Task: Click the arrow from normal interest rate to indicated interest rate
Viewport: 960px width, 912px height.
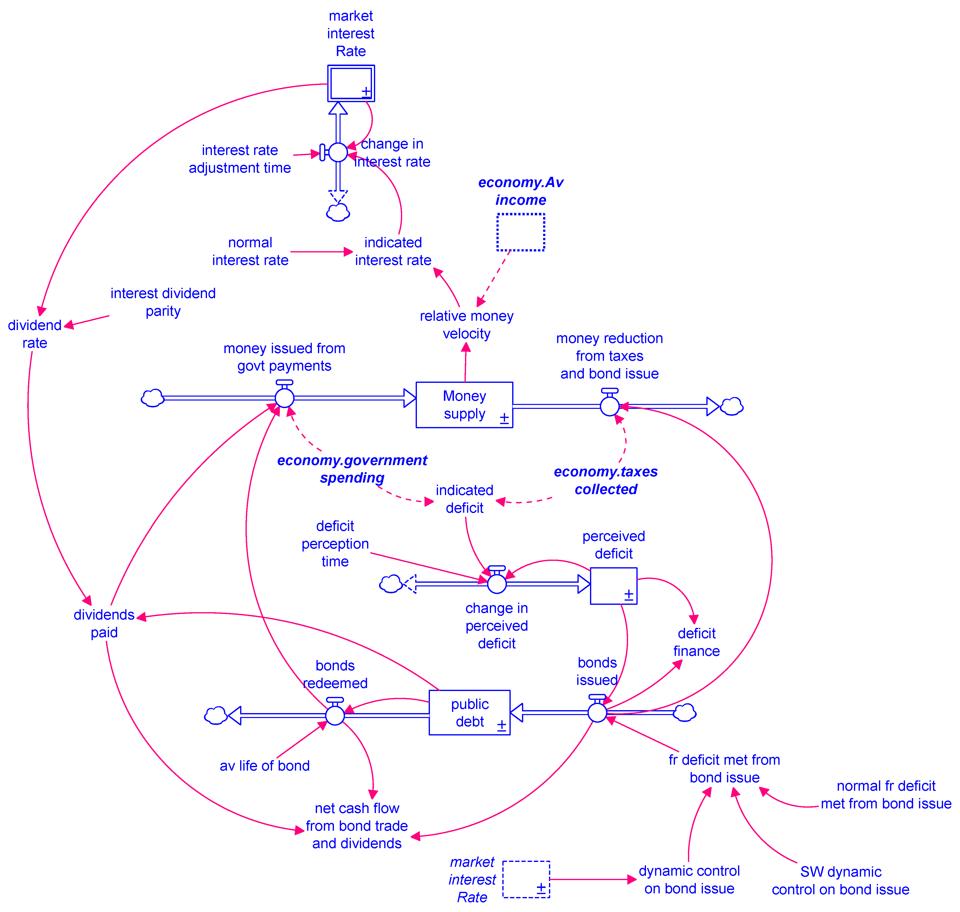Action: click(321, 252)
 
